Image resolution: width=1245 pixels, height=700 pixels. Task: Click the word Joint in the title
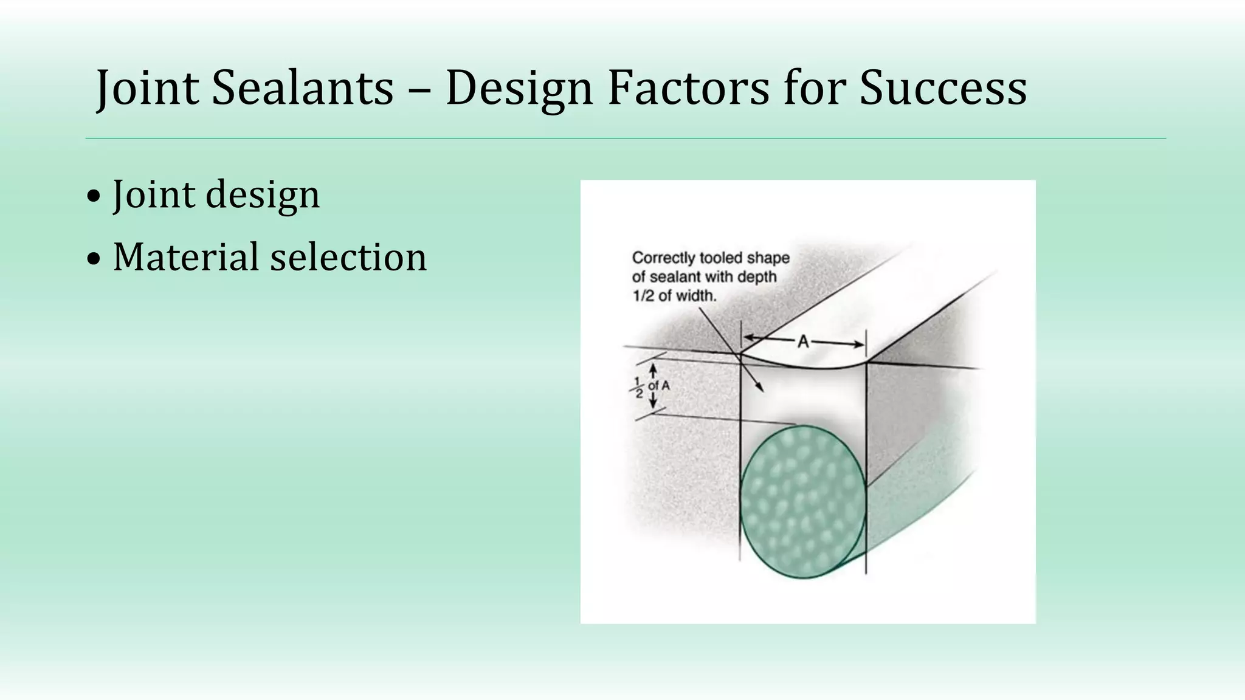click(148, 89)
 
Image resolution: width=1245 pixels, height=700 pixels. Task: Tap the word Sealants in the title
click(303, 89)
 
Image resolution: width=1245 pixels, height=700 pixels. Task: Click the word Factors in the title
click(688, 89)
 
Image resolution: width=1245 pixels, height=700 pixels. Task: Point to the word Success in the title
click(943, 89)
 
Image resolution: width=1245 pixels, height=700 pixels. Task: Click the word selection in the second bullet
click(348, 257)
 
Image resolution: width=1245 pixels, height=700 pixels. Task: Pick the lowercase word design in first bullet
click(263, 196)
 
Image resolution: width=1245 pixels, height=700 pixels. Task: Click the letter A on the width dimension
click(803, 343)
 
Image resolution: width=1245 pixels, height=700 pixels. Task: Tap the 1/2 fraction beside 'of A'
click(638, 387)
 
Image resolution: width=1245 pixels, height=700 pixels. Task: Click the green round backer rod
click(803, 502)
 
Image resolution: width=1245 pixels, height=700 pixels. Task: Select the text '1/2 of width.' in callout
click(675, 296)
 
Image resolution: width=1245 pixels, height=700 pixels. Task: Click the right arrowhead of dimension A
click(858, 345)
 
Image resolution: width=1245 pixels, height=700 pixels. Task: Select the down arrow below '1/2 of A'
click(653, 403)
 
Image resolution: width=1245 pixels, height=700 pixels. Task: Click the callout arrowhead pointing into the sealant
click(760, 388)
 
